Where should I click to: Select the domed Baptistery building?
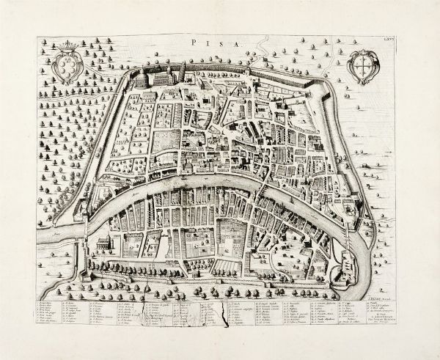click(x=141, y=76)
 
